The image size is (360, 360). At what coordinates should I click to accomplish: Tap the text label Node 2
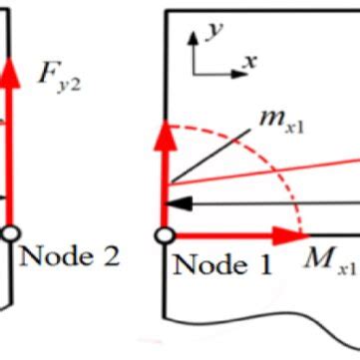[x=68, y=256]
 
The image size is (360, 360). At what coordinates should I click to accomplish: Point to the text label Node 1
[x=222, y=265]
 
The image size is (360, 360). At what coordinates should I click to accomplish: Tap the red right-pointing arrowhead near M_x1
[x=296, y=236]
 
